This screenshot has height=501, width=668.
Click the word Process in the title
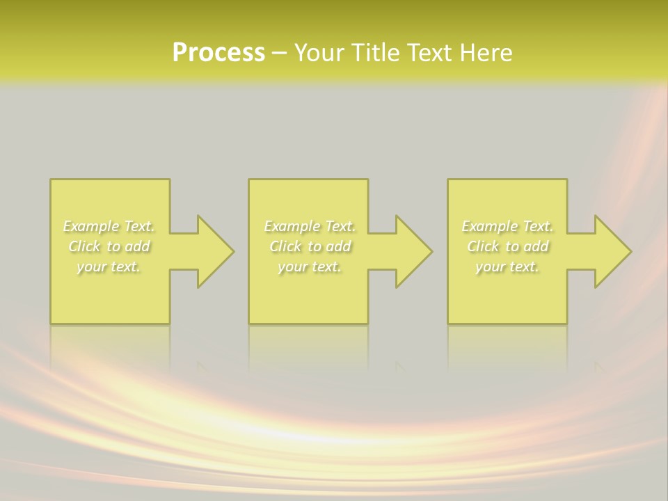(x=218, y=53)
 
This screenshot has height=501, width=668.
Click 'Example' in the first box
(x=91, y=226)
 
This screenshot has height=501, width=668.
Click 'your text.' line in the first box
(x=109, y=267)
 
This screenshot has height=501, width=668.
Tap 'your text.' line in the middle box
(x=309, y=267)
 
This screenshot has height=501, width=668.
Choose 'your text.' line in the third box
(x=507, y=267)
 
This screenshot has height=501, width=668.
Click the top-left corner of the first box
(x=51, y=180)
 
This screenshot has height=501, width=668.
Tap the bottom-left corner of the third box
(x=449, y=322)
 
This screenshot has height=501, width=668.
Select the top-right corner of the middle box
(x=367, y=180)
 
